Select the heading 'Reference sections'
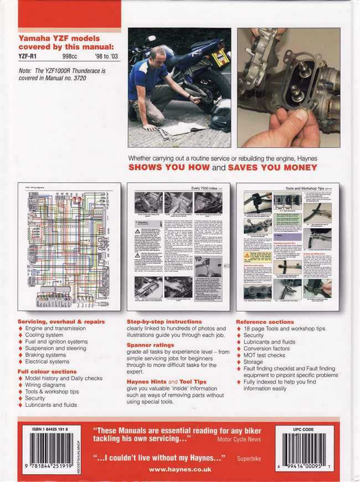265,322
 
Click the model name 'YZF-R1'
29,56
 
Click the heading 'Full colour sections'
47,371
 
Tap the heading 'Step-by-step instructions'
164,322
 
